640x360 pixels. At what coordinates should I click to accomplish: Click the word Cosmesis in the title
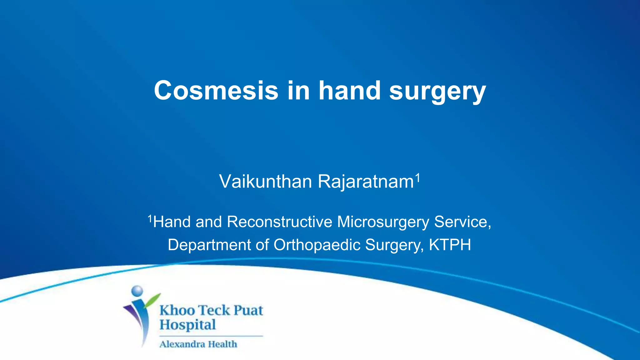[x=216, y=91]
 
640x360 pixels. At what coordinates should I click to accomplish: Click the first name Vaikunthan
[x=265, y=182]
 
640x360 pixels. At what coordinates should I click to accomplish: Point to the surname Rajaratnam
[x=366, y=182]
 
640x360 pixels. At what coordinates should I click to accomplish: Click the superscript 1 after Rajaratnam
[x=417, y=178]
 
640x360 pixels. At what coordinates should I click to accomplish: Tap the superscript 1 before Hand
[x=150, y=219]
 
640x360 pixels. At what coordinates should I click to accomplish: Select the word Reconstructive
[x=280, y=222]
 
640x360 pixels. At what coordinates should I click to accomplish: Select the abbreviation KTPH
[x=450, y=245]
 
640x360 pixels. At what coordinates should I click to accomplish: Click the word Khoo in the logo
[x=177, y=310]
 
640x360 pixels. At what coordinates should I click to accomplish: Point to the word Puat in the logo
[x=248, y=310]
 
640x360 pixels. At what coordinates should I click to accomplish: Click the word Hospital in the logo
[x=188, y=325]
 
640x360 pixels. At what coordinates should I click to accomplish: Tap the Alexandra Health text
[x=198, y=344]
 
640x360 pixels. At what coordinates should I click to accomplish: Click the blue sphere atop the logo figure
[x=137, y=291]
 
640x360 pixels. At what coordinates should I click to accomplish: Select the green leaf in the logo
[x=152, y=300]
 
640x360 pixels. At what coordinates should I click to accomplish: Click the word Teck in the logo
[x=214, y=310]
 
